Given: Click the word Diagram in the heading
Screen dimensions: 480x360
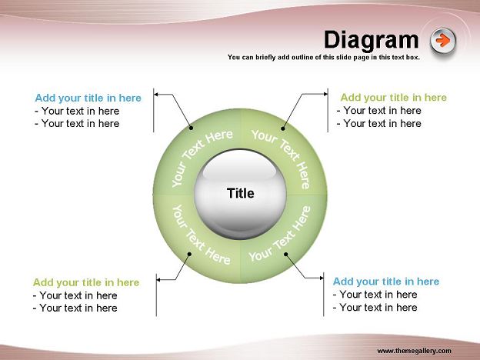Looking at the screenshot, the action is [x=371, y=40].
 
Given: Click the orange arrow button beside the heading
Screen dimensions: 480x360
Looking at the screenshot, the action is [x=443, y=41].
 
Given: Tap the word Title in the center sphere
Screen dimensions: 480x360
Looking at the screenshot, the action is [x=240, y=193].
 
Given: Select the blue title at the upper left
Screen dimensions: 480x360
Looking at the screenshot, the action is [x=88, y=98].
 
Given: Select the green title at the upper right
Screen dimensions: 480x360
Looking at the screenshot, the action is [x=394, y=98].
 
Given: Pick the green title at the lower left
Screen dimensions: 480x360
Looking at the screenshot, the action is [x=86, y=282].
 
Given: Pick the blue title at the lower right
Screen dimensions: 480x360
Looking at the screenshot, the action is [x=386, y=282].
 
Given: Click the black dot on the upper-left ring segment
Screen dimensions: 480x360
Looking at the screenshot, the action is [x=191, y=128].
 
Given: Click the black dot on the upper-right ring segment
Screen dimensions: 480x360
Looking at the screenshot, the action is [x=283, y=128].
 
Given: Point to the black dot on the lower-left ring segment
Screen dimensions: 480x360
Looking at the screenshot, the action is [x=189, y=254].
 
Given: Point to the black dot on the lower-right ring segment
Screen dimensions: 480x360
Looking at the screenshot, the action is [x=285, y=254].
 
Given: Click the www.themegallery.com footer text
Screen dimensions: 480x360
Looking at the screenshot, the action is [x=414, y=351].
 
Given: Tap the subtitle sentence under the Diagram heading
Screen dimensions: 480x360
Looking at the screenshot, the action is [x=324, y=57].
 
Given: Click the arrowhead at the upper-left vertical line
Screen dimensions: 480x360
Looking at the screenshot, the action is [x=156, y=95].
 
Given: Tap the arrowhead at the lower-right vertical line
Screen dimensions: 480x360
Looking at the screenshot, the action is [x=322, y=278].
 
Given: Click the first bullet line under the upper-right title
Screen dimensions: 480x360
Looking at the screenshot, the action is [x=379, y=111].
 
